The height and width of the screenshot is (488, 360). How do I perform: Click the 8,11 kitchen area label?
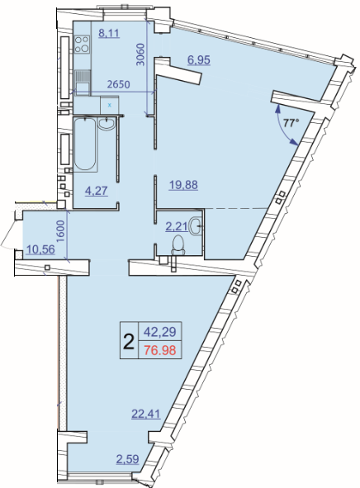[x=109, y=33]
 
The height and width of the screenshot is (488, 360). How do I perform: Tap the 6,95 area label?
[x=199, y=59]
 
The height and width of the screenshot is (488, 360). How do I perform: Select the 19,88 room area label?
[x=183, y=185]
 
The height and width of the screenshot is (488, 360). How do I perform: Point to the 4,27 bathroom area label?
[x=97, y=191]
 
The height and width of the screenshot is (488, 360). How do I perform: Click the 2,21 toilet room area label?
[x=177, y=226]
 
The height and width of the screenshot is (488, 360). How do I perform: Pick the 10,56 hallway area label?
[x=40, y=249]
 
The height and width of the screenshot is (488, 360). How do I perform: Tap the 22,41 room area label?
[x=146, y=414]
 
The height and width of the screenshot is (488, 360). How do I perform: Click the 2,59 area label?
[x=128, y=459]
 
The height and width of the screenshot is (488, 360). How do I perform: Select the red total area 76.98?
[x=160, y=350]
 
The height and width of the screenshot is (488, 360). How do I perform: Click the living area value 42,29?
[x=160, y=332]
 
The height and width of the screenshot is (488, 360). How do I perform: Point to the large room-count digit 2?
[x=129, y=341]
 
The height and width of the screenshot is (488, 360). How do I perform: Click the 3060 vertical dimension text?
[x=141, y=54]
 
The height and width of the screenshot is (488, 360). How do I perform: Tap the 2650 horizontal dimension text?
[x=118, y=84]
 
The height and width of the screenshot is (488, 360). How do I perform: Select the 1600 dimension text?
[x=60, y=231]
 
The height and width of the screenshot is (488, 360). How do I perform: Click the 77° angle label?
[x=291, y=123]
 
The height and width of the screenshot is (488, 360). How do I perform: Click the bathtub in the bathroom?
[x=84, y=145]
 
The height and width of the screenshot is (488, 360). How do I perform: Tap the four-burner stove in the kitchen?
[x=82, y=45]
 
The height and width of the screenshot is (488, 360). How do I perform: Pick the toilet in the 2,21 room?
[x=178, y=244]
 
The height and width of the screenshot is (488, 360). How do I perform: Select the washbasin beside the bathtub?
[x=107, y=124]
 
